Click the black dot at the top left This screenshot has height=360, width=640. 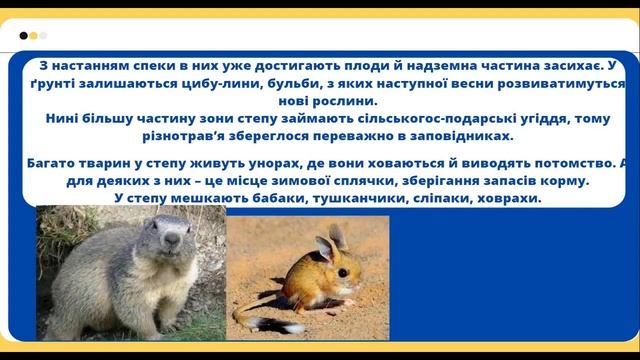[x=23, y=35]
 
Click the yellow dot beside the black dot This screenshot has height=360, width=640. [x=33, y=35]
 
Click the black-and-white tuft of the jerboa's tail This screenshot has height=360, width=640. [x=262, y=322]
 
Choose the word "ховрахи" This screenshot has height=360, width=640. [x=505, y=199]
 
